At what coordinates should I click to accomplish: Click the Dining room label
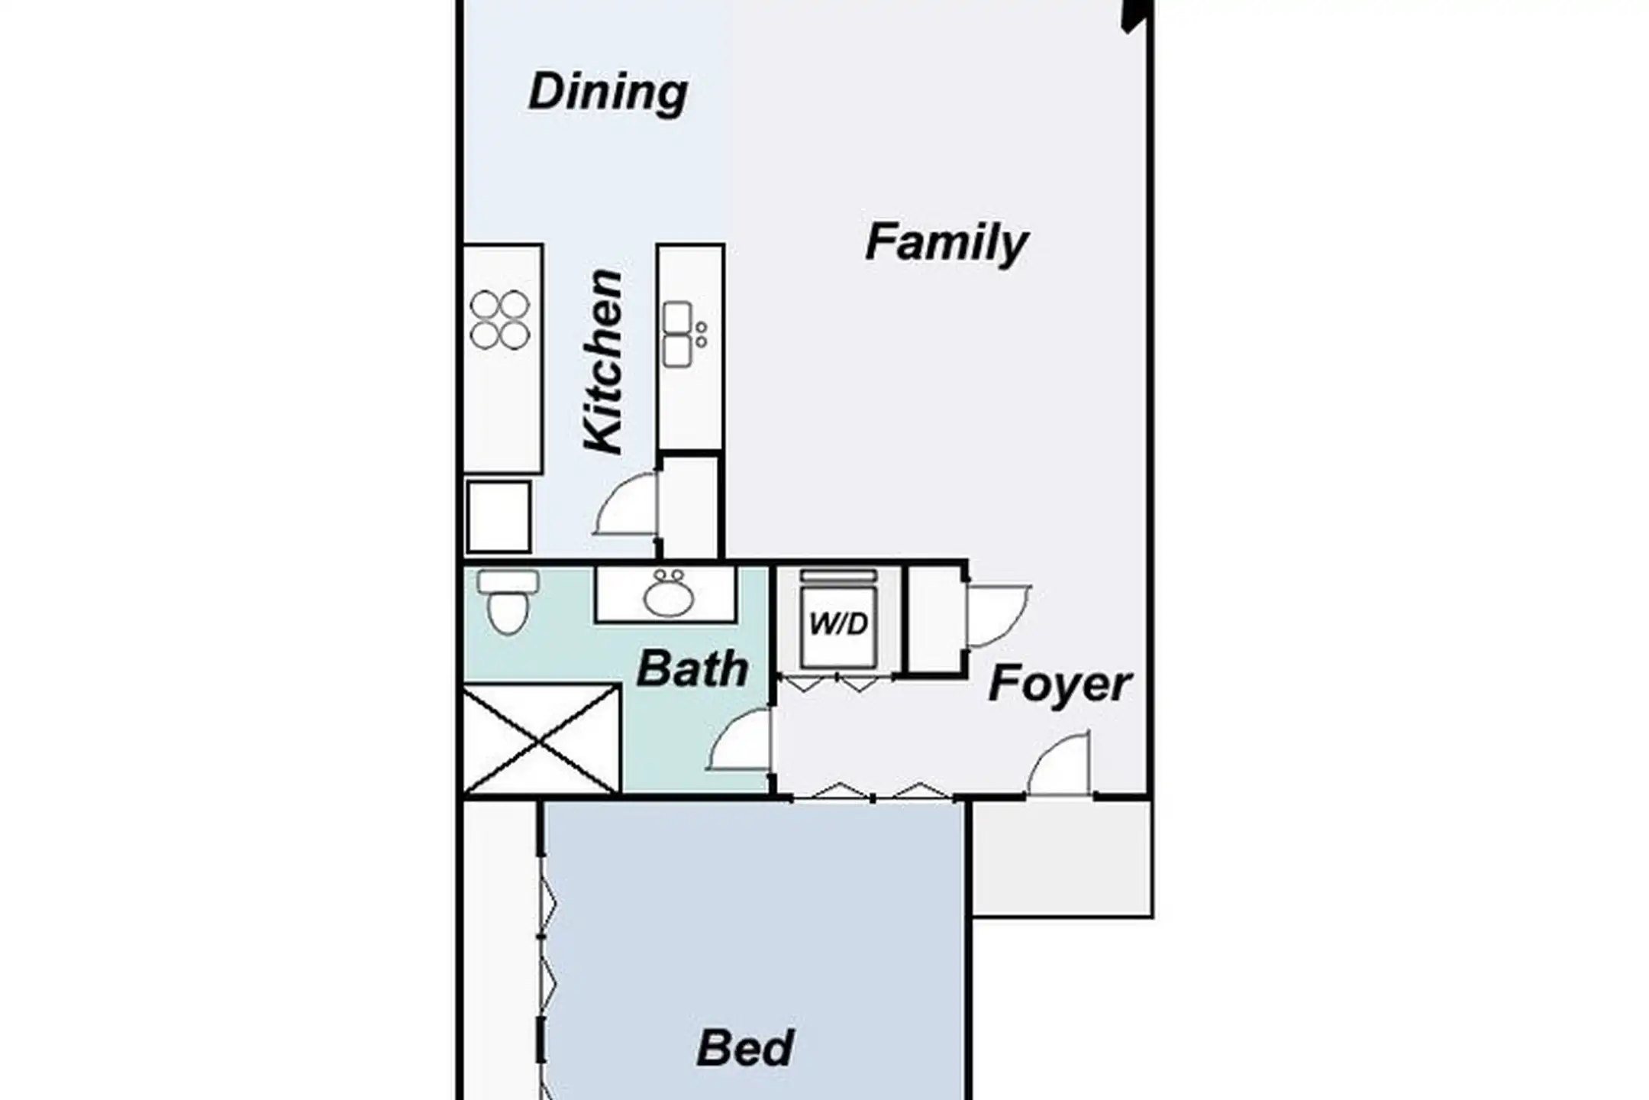pyautogui.click(x=608, y=92)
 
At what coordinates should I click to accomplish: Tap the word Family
pyautogui.click(x=947, y=243)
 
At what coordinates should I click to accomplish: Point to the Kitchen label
pyautogui.click(x=603, y=361)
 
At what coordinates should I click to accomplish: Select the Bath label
pyautogui.click(x=692, y=669)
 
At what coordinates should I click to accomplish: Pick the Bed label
pyautogui.click(x=745, y=1048)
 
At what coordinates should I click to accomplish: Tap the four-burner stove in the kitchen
pyautogui.click(x=500, y=319)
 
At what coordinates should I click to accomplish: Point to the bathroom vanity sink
pyautogui.click(x=667, y=594)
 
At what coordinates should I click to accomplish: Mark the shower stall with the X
pyautogui.click(x=541, y=739)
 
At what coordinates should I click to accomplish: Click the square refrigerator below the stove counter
pyautogui.click(x=499, y=516)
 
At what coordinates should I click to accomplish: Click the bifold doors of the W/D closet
pyautogui.click(x=837, y=681)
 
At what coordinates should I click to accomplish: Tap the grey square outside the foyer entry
pyautogui.click(x=1062, y=858)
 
